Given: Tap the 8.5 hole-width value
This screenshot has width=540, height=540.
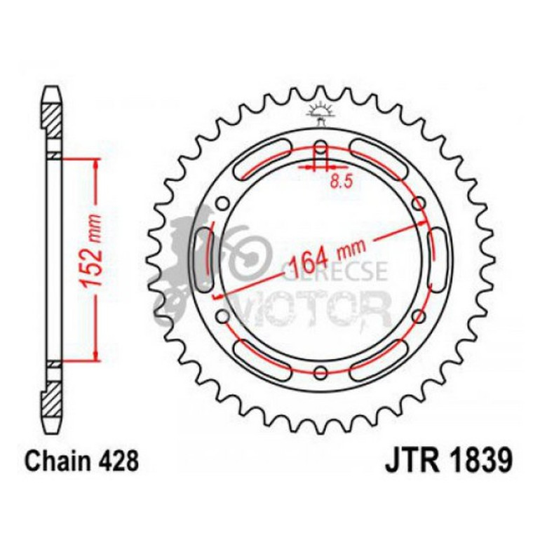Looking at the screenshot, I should coord(339,182).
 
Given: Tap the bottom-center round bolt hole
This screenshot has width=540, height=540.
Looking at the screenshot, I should coord(320,372).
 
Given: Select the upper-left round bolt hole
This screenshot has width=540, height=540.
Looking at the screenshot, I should coord(223,205).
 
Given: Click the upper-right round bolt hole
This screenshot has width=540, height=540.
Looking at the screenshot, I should coord(419,205).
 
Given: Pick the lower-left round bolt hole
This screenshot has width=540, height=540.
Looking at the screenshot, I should coord(223,316).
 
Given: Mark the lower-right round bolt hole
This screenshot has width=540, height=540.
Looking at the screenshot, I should coord(419,316).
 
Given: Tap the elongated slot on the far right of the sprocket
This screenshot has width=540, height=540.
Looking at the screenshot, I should coord(440,260).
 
